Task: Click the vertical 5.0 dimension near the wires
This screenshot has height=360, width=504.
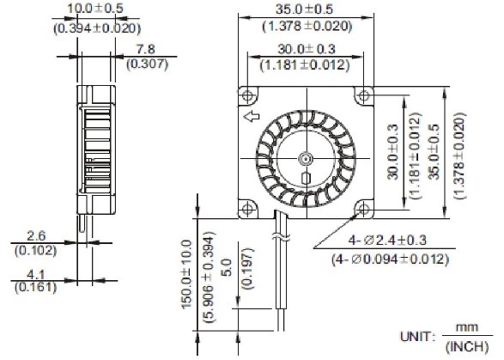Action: (227, 276)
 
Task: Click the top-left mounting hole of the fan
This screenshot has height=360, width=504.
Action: (247, 94)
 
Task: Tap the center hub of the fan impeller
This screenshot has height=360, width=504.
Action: (305, 158)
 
